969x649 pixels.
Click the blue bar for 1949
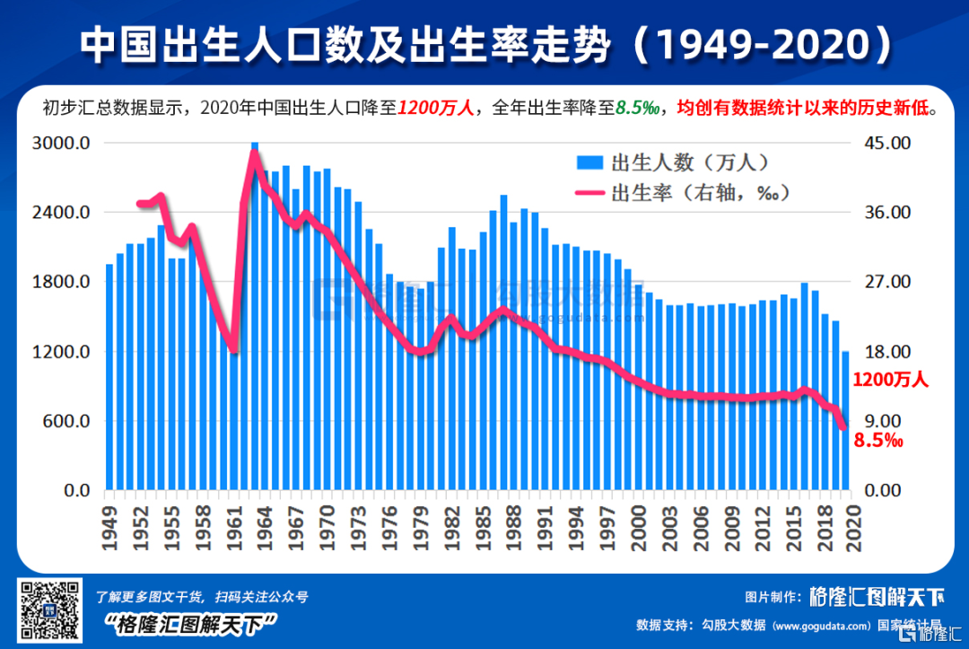[109, 377]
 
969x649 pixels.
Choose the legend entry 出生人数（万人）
[673, 162]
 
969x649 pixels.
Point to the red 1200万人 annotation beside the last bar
[890, 380]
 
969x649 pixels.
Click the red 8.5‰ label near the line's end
[878, 441]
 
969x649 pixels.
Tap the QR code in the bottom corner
[48, 611]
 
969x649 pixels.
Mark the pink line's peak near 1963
[254, 153]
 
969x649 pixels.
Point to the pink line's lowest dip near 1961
[233, 349]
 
